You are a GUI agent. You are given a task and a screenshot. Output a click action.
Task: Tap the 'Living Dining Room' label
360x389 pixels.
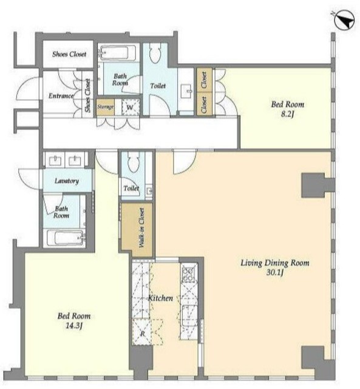coord(275,263)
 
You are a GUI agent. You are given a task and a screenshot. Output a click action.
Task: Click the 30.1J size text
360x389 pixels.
coord(275,273)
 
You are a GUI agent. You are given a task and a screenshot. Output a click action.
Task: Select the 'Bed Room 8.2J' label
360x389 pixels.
coord(287,109)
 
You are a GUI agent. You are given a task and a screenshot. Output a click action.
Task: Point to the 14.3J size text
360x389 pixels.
coord(74,326)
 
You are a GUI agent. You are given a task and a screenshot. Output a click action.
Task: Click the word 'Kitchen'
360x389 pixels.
coord(160,298)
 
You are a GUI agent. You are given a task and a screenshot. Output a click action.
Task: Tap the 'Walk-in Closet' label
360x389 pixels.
coord(141,227)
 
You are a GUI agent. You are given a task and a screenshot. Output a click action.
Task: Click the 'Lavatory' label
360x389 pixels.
coord(67,181)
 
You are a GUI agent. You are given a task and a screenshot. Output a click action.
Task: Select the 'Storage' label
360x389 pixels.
coord(105,107)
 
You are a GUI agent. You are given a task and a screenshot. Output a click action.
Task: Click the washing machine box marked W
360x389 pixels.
coord(131,107)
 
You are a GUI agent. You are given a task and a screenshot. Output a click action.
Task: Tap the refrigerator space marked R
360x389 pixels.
coord(142,332)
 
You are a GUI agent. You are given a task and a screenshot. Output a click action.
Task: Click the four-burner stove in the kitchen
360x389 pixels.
coord(188,274)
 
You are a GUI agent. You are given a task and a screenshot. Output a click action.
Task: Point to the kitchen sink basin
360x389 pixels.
coord(189,315)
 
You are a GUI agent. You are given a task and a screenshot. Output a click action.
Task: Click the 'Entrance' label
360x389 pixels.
coord(61,96)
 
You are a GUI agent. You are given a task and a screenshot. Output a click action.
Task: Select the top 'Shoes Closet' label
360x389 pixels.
coord(69,54)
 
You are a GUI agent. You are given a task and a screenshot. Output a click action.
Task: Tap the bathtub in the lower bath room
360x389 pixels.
coord(65,238)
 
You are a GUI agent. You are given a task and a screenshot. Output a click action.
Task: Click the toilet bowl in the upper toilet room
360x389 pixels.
coord(155,52)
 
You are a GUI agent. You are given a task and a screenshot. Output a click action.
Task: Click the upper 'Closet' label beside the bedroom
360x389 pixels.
coord(204,80)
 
